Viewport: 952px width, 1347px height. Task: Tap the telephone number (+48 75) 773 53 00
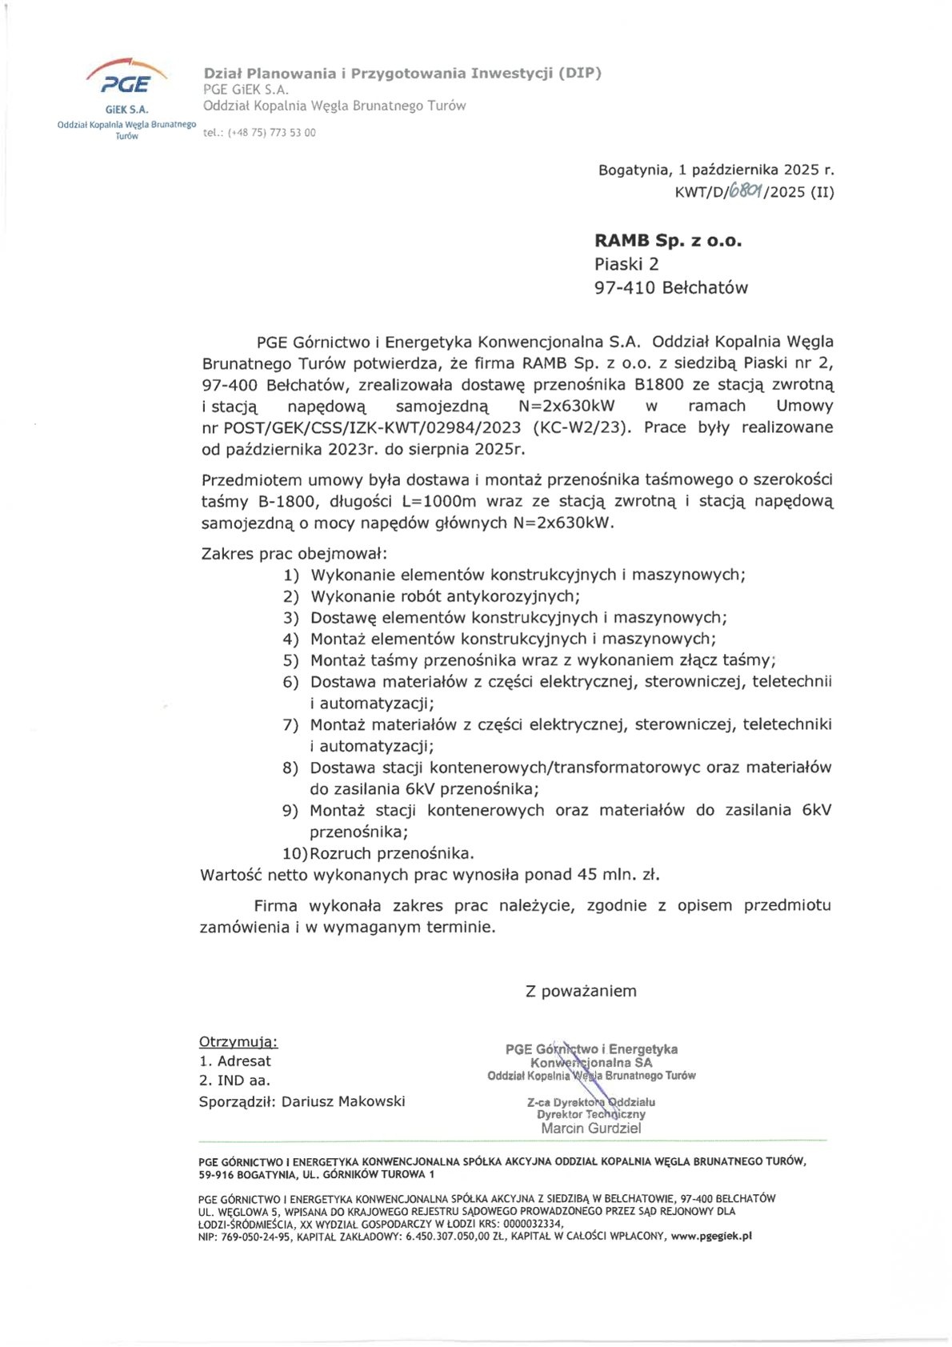272,133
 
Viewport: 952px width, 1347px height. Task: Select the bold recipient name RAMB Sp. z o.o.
668,240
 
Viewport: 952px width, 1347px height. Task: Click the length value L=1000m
438,502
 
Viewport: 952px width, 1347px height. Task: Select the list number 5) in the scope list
290,660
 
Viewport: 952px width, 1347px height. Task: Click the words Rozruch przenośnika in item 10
391,853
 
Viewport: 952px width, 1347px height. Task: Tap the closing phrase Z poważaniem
581,991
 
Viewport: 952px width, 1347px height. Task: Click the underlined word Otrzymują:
238,1042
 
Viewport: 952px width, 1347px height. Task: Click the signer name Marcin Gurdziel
590,1129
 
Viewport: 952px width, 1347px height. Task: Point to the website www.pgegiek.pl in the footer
711,1236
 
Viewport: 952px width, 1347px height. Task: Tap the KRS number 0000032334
533,1224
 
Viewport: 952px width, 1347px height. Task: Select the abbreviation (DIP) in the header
579,73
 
